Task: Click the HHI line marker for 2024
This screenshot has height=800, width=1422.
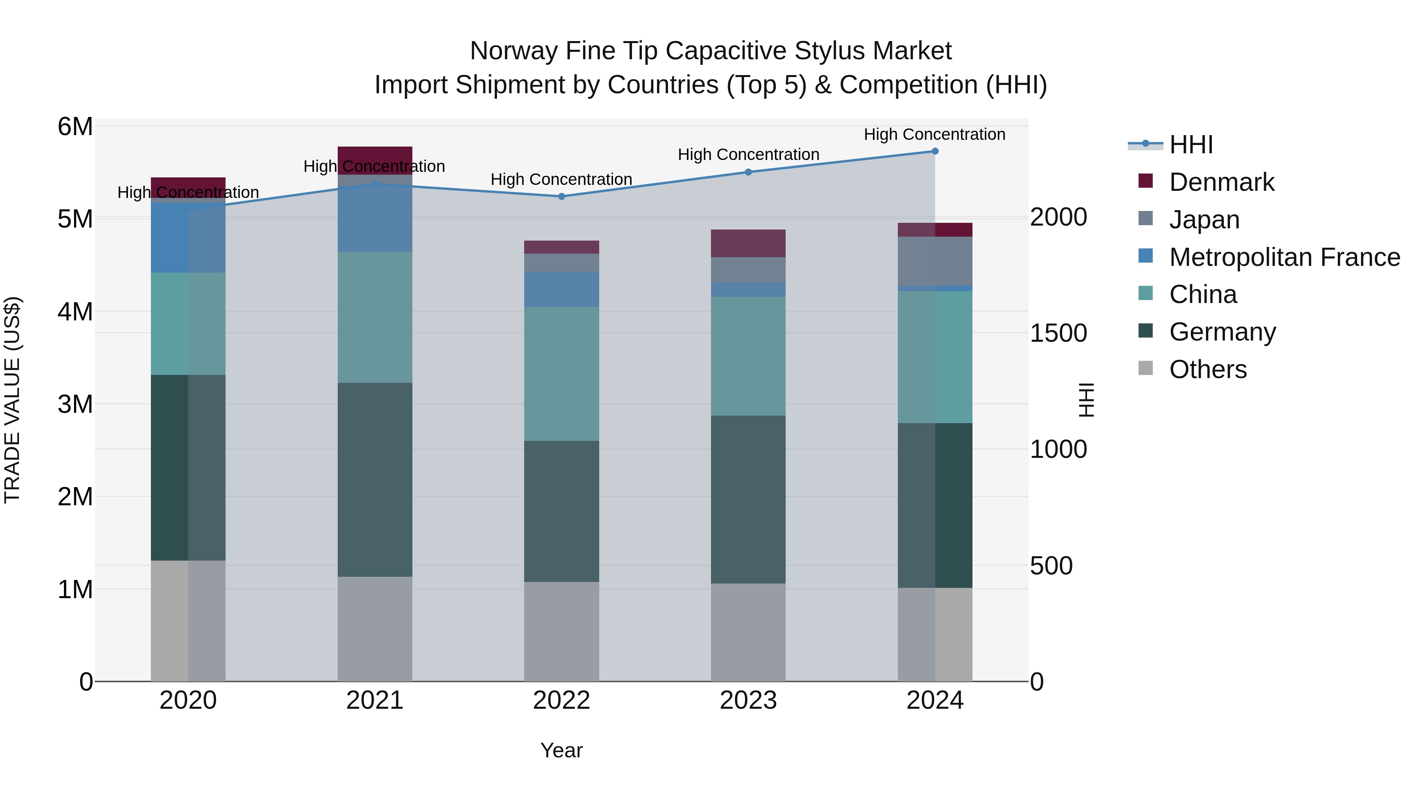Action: (935, 151)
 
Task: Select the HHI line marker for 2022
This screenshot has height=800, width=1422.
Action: (561, 196)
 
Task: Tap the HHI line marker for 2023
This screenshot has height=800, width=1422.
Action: (748, 172)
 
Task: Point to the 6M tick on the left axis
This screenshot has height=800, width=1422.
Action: (75, 126)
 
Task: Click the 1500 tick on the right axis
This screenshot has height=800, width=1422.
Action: (1058, 333)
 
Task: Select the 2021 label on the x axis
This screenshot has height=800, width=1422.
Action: (375, 700)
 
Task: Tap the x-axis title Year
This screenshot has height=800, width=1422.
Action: (561, 750)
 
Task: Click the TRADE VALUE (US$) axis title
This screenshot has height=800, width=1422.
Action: (12, 400)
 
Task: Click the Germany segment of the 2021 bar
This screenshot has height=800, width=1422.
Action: (375, 479)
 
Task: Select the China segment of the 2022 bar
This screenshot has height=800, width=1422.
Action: (561, 373)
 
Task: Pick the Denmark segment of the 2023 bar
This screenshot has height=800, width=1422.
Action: (748, 243)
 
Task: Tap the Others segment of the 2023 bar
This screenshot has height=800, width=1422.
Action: (748, 632)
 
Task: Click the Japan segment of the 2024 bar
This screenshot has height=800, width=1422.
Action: (935, 261)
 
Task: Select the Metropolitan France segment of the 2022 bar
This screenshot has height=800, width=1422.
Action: (561, 289)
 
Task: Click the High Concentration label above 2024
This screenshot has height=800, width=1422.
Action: (934, 134)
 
